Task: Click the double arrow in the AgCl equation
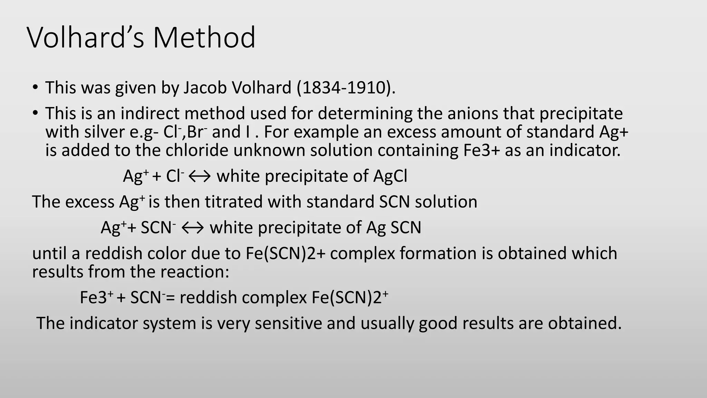point(200,177)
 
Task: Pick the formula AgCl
point(390,176)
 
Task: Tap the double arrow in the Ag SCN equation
point(193,228)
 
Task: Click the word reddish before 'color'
point(114,253)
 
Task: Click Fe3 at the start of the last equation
point(94,297)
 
